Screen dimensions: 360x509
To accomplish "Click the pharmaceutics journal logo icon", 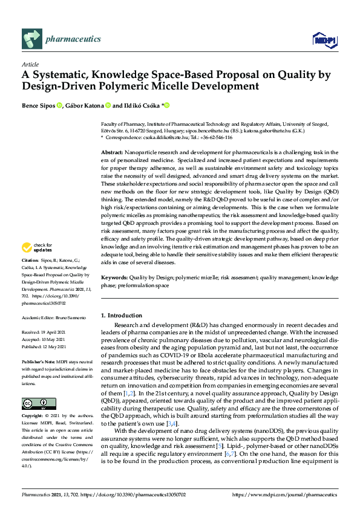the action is (31, 39).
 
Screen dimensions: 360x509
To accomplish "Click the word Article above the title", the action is (30, 64).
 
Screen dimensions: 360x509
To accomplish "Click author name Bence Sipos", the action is (39, 105).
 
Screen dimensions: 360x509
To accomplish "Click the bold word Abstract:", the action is (113, 153).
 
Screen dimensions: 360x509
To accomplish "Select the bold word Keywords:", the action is (115, 277).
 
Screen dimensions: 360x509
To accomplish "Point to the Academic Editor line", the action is (53, 317).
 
